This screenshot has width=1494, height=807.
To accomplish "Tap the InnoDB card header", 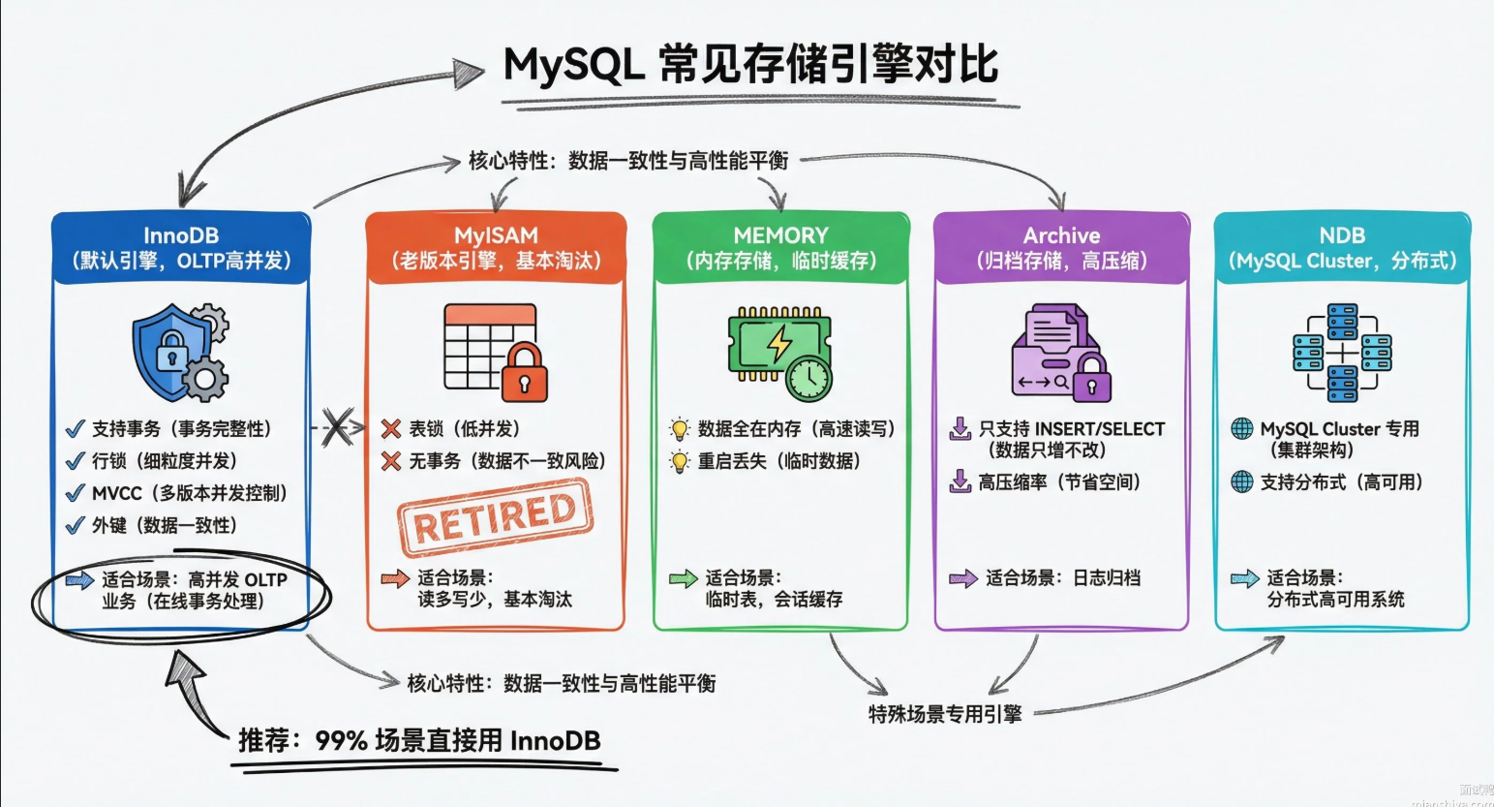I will [x=181, y=248].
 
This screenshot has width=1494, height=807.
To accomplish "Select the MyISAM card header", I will [x=496, y=248].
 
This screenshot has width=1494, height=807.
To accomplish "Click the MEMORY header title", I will [x=780, y=235].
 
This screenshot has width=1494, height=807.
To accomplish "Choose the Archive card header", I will [x=1061, y=248].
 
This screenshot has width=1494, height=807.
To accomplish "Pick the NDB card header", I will [x=1342, y=248].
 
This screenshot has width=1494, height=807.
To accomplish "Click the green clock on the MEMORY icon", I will [x=808, y=377].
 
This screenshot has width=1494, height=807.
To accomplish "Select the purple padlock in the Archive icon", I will [x=1091, y=377].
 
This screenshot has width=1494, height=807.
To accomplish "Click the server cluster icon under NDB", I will [x=1342, y=353].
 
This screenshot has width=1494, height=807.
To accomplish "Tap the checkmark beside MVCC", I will [x=75, y=493].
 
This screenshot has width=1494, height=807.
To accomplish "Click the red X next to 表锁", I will [x=391, y=429].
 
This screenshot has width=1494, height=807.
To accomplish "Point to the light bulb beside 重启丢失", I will [x=680, y=462].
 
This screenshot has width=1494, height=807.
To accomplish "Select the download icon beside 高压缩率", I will [x=960, y=481].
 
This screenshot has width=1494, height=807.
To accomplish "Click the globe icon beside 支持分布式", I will [x=1241, y=481].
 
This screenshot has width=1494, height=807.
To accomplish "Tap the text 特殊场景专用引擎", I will [x=945, y=715].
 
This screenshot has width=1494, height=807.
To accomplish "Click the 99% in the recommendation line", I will [x=341, y=741].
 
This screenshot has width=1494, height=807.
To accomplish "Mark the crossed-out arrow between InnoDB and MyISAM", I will [x=336, y=427].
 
